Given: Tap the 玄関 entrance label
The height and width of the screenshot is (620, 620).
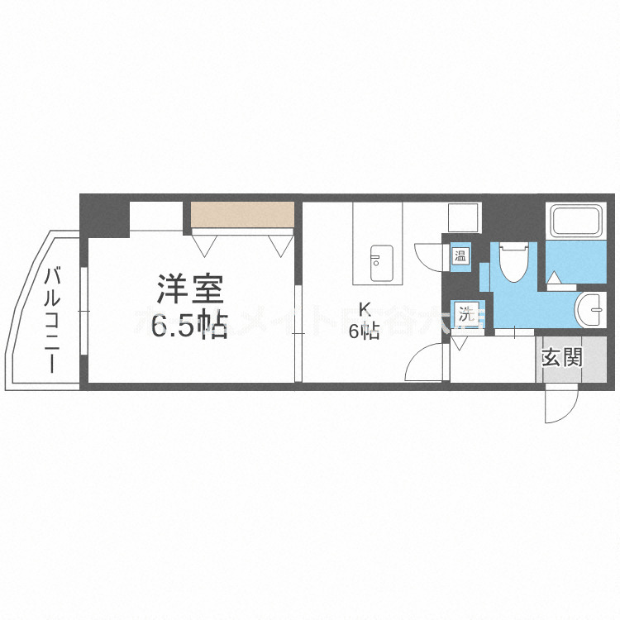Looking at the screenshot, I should [x=562, y=358].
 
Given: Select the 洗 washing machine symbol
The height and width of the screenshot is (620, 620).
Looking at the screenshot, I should [x=467, y=314].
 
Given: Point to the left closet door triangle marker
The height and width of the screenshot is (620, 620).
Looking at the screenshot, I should [x=205, y=244].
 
